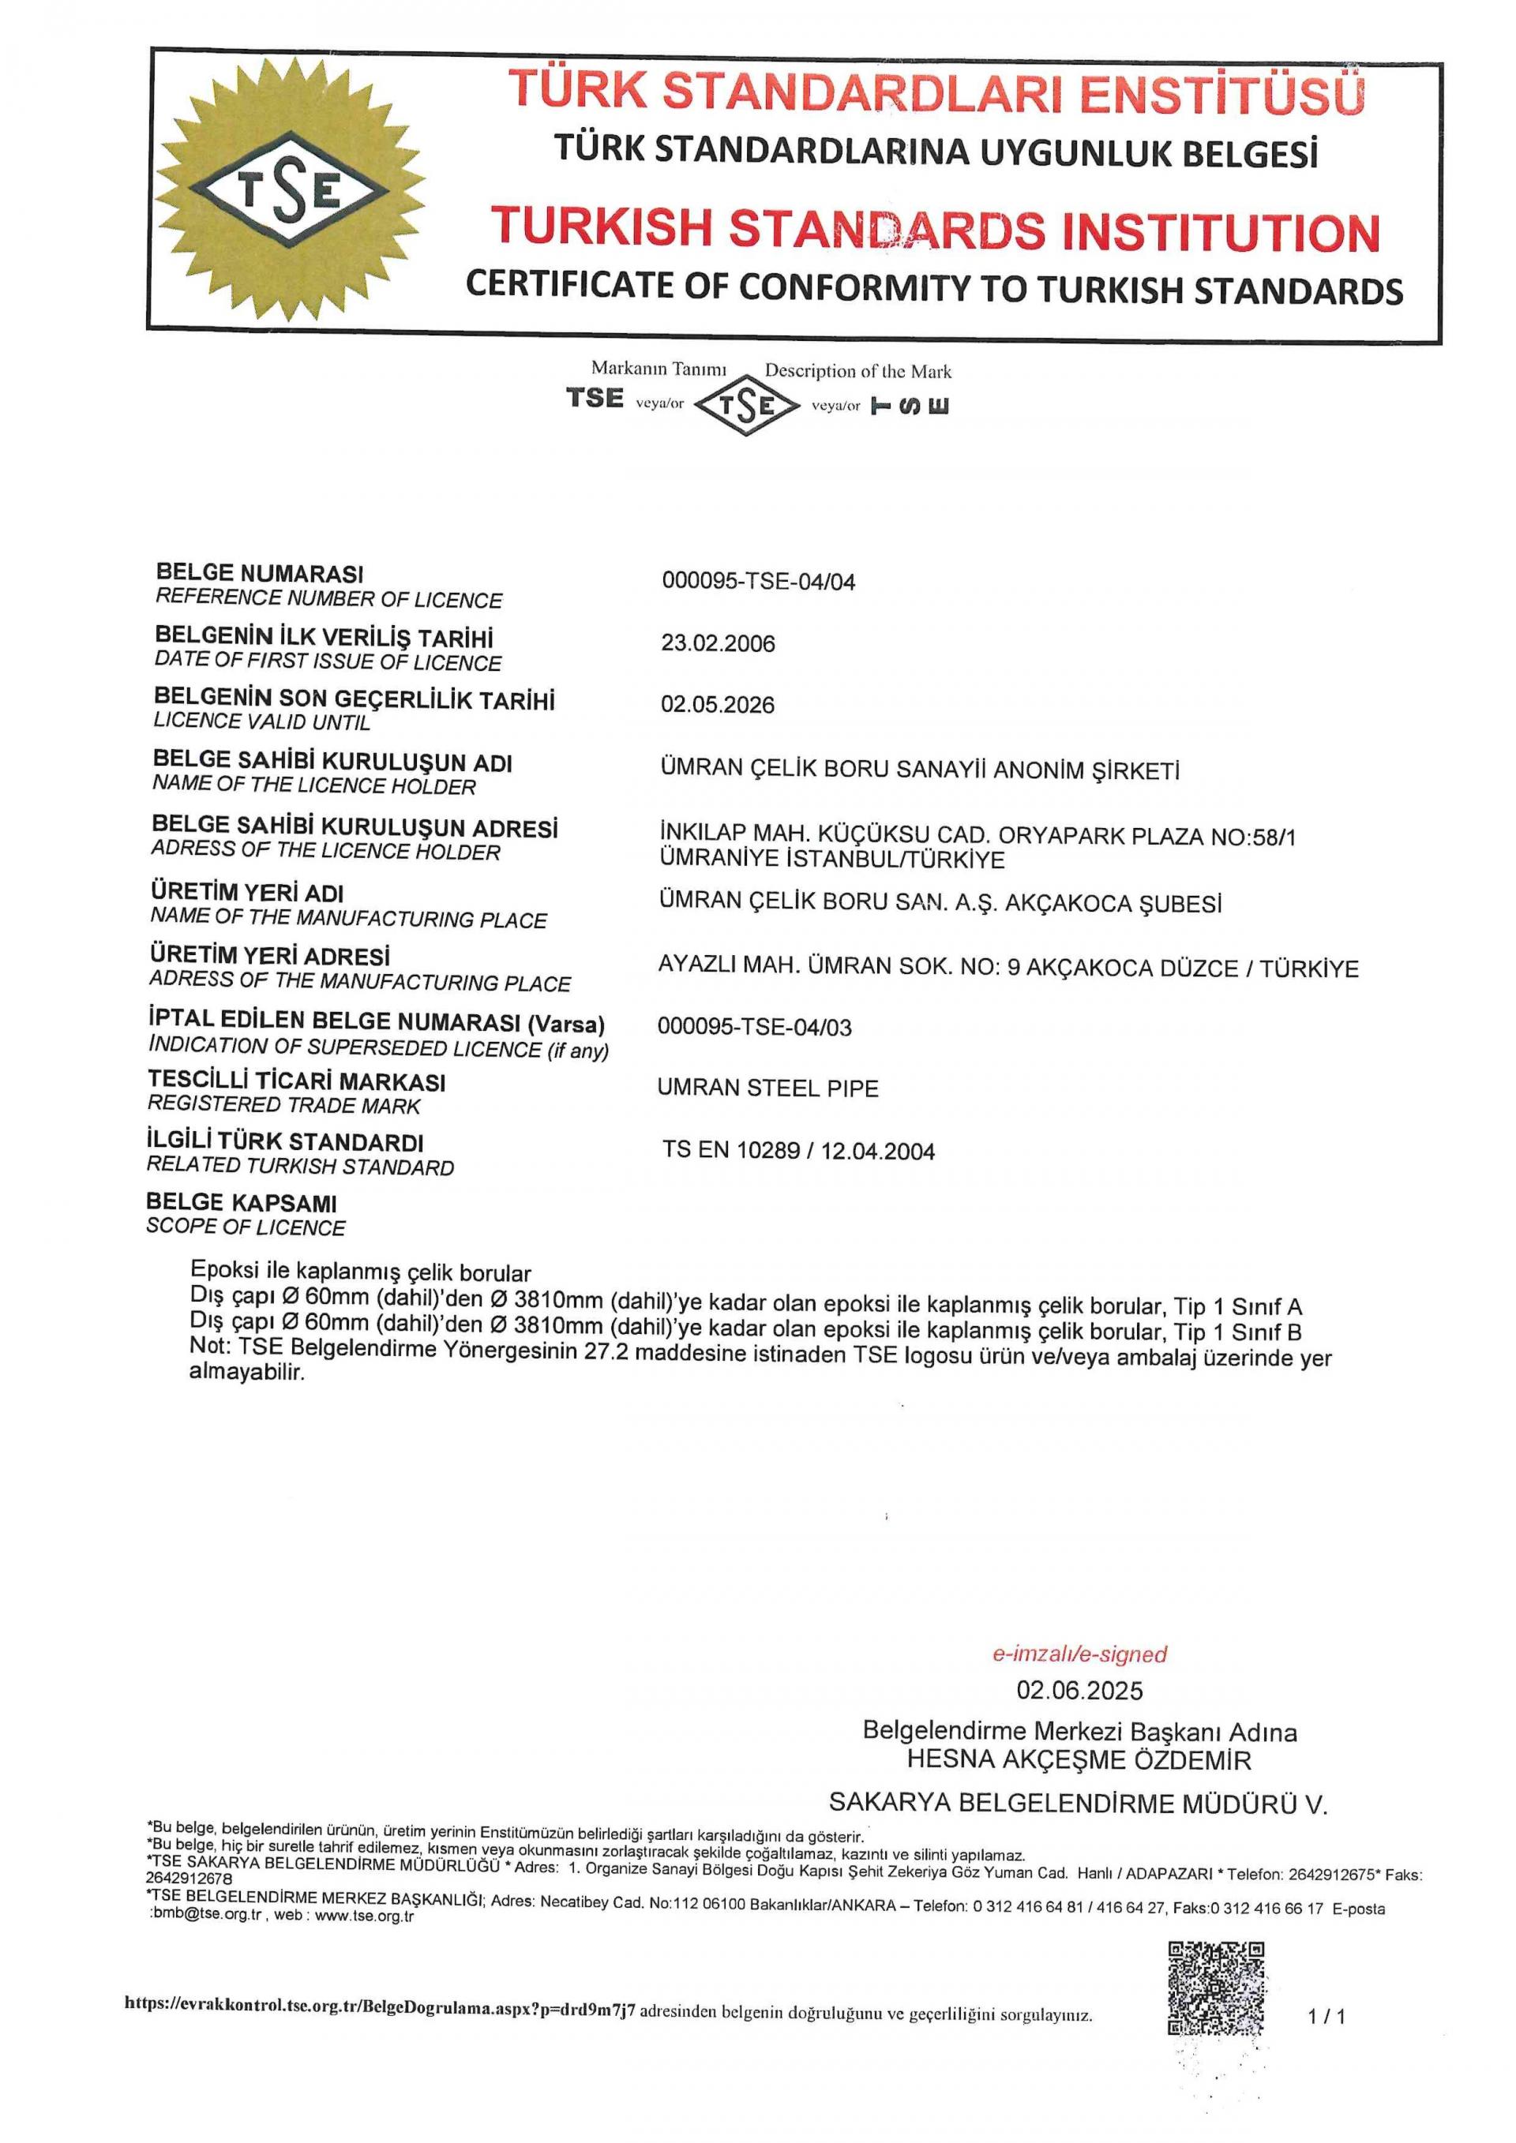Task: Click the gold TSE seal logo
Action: [290, 189]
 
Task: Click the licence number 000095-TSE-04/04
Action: [758, 582]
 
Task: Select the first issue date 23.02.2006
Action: [718, 643]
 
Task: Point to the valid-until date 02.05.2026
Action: [717, 705]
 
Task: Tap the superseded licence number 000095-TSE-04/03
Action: [754, 1027]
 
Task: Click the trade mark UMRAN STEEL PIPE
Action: [767, 1088]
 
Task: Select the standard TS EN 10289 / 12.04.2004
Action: [798, 1151]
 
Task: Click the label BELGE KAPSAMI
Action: [242, 1203]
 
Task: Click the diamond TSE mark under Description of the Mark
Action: [748, 404]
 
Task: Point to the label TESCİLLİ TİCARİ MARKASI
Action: [297, 1082]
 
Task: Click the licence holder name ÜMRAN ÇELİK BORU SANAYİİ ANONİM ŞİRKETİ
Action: [920, 770]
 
